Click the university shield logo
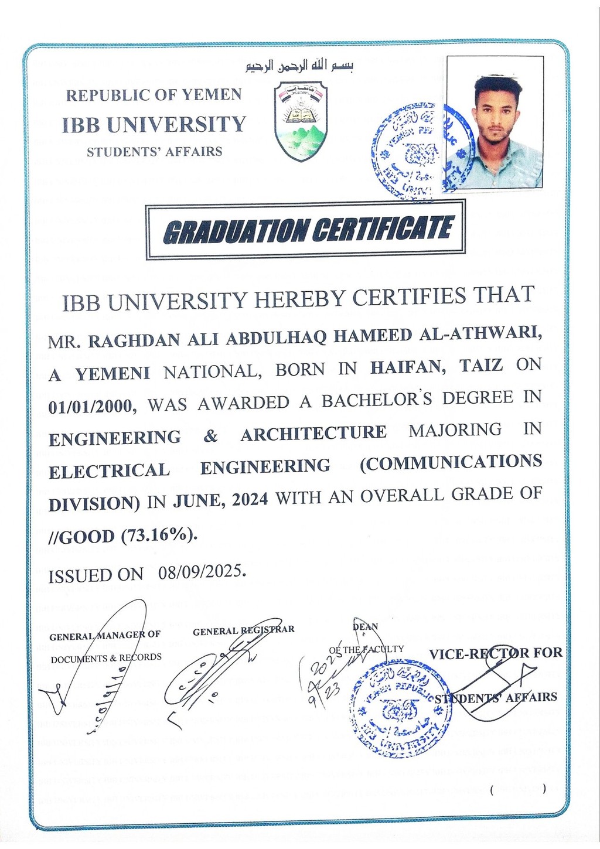(x=301, y=121)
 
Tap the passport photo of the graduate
(x=495, y=122)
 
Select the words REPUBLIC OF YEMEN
(x=154, y=95)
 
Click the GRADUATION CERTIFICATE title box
(x=305, y=229)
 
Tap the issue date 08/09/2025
(x=202, y=571)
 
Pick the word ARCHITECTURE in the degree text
(x=313, y=434)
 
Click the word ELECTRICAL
(x=109, y=470)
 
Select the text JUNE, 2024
(x=220, y=500)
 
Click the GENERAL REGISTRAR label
(x=243, y=630)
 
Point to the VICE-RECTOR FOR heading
(x=495, y=653)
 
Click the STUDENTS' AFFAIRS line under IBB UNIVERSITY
(x=155, y=152)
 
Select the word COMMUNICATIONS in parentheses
(x=451, y=462)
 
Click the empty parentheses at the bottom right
(x=518, y=789)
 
